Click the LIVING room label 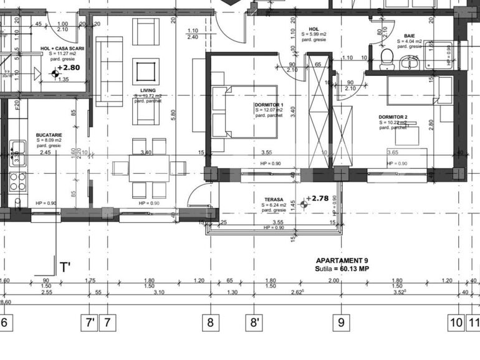click(x=148, y=90)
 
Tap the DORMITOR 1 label click(x=269, y=105)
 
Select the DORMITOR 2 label click(x=393, y=117)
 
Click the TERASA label click(x=272, y=199)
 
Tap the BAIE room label click(x=410, y=36)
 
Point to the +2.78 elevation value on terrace click(x=319, y=199)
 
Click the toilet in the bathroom click(x=386, y=57)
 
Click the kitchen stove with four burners click(x=17, y=181)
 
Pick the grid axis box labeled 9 click(x=341, y=323)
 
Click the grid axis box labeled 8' click(x=255, y=323)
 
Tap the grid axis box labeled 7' click(x=90, y=323)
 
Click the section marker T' click(x=65, y=267)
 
